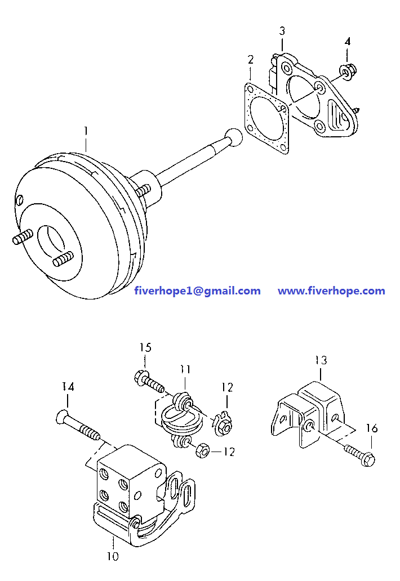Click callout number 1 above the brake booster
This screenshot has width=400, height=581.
tap(86, 131)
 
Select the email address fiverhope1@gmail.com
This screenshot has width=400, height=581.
tap(197, 291)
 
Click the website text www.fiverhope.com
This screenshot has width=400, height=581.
tap(331, 291)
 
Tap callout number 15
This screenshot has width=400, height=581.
tap(145, 347)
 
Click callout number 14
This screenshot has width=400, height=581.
tap(68, 387)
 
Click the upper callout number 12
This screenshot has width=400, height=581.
tap(226, 387)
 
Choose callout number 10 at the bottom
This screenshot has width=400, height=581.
tap(113, 556)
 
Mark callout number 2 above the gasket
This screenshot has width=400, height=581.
tap(250, 59)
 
